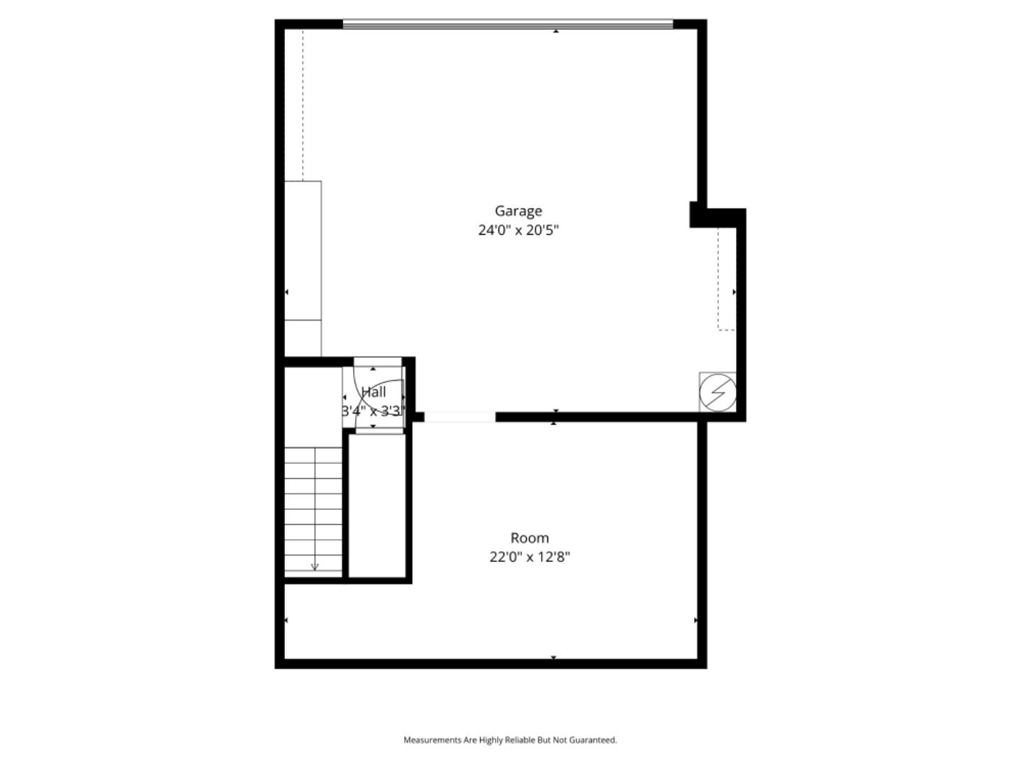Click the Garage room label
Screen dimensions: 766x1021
(x=518, y=211)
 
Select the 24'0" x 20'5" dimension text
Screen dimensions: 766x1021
(x=518, y=230)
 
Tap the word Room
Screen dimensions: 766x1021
(x=530, y=538)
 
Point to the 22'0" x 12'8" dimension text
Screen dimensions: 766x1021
(x=530, y=557)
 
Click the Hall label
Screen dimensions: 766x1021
(x=374, y=392)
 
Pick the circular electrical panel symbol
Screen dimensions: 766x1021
(x=718, y=392)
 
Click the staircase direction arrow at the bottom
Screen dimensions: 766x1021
(x=315, y=566)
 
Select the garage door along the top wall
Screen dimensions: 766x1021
(x=508, y=25)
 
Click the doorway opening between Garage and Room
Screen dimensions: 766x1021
(x=459, y=417)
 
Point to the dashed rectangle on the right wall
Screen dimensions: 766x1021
(x=725, y=279)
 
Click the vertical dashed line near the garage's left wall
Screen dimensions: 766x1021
(x=303, y=106)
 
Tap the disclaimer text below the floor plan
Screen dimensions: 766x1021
(x=510, y=740)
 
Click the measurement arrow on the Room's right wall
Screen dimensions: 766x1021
(x=696, y=621)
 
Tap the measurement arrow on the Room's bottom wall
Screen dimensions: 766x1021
(x=554, y=657)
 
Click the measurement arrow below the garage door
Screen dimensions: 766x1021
(x=556, y=31)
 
